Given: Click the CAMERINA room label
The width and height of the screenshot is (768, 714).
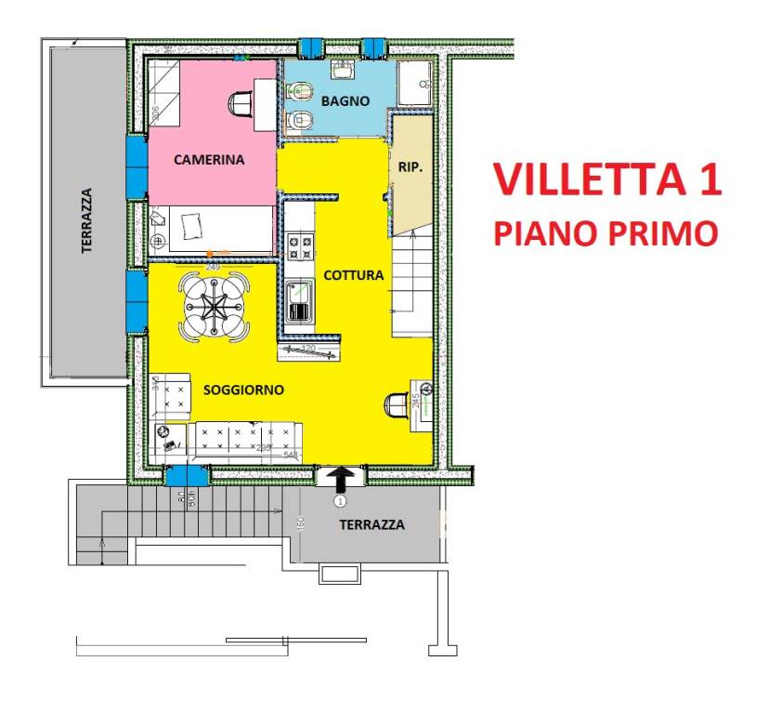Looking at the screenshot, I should click(x=209, y=160).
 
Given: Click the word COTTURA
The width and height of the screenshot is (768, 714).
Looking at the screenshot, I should click(x=353, y=275).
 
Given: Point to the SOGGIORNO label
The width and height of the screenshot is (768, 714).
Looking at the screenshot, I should click(x=243, y=390).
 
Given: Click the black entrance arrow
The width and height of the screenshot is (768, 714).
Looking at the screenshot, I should click(x=341, y=479).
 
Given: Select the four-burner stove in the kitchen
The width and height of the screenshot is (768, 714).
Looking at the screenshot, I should click(x=300, y=247).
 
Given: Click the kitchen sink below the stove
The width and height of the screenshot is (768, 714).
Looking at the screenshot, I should click(x=300, y=299).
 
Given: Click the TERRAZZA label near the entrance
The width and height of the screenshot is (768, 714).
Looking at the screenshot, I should click(x=371, y=524).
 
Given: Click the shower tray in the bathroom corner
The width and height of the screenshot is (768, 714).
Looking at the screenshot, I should click(x=415, y=86).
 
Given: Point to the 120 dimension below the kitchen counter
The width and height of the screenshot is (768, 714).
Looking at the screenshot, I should click(x=309, y=350).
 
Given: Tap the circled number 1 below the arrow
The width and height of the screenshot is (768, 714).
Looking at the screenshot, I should click(x=340, y=501).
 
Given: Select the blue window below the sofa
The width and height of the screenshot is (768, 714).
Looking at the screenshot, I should click(x=188, y=476).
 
